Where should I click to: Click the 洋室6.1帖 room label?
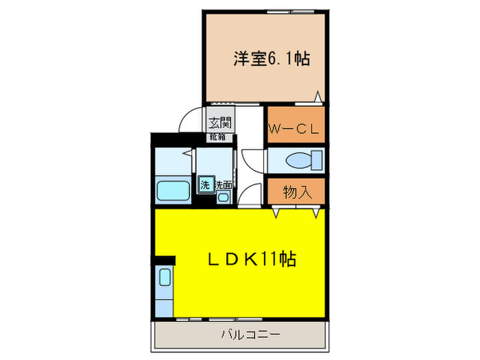(271, 59)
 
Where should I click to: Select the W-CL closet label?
(295, 129)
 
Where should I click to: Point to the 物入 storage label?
(297, 192)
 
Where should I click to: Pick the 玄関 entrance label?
(220, 123)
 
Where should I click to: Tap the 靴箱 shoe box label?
(219, 136)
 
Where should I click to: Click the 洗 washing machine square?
(205, 184)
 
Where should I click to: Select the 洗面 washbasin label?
(224, 184)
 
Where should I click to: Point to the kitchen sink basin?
(165, 278)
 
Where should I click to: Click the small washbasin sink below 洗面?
(224, 197)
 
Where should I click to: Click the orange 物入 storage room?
(296, 192)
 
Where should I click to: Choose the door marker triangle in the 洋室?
(317, 97)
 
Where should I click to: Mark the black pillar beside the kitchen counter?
(165, 261)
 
